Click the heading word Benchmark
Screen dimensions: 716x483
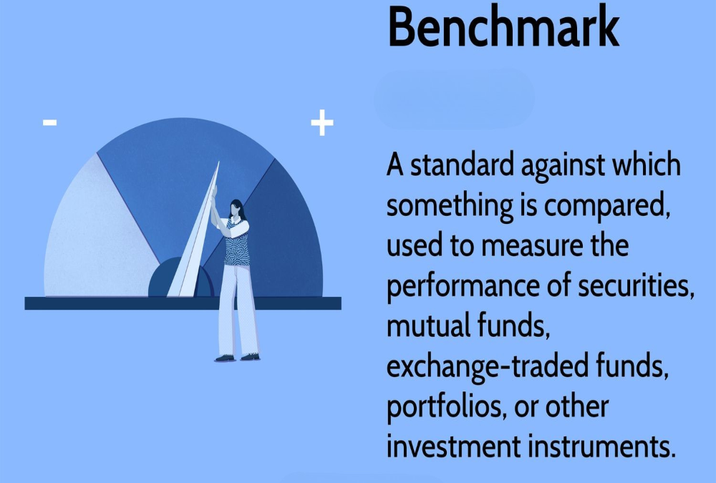point(503,26)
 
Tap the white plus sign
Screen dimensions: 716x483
point(322,122)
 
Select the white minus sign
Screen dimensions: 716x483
point(50,122)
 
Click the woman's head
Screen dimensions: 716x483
point(236,210)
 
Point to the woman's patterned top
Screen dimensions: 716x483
point(237,243)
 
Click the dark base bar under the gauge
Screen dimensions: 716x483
point(183,303)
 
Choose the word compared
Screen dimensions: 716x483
point(607,206)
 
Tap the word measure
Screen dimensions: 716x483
point(532,245)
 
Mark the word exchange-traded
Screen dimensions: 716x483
point(487,366)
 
